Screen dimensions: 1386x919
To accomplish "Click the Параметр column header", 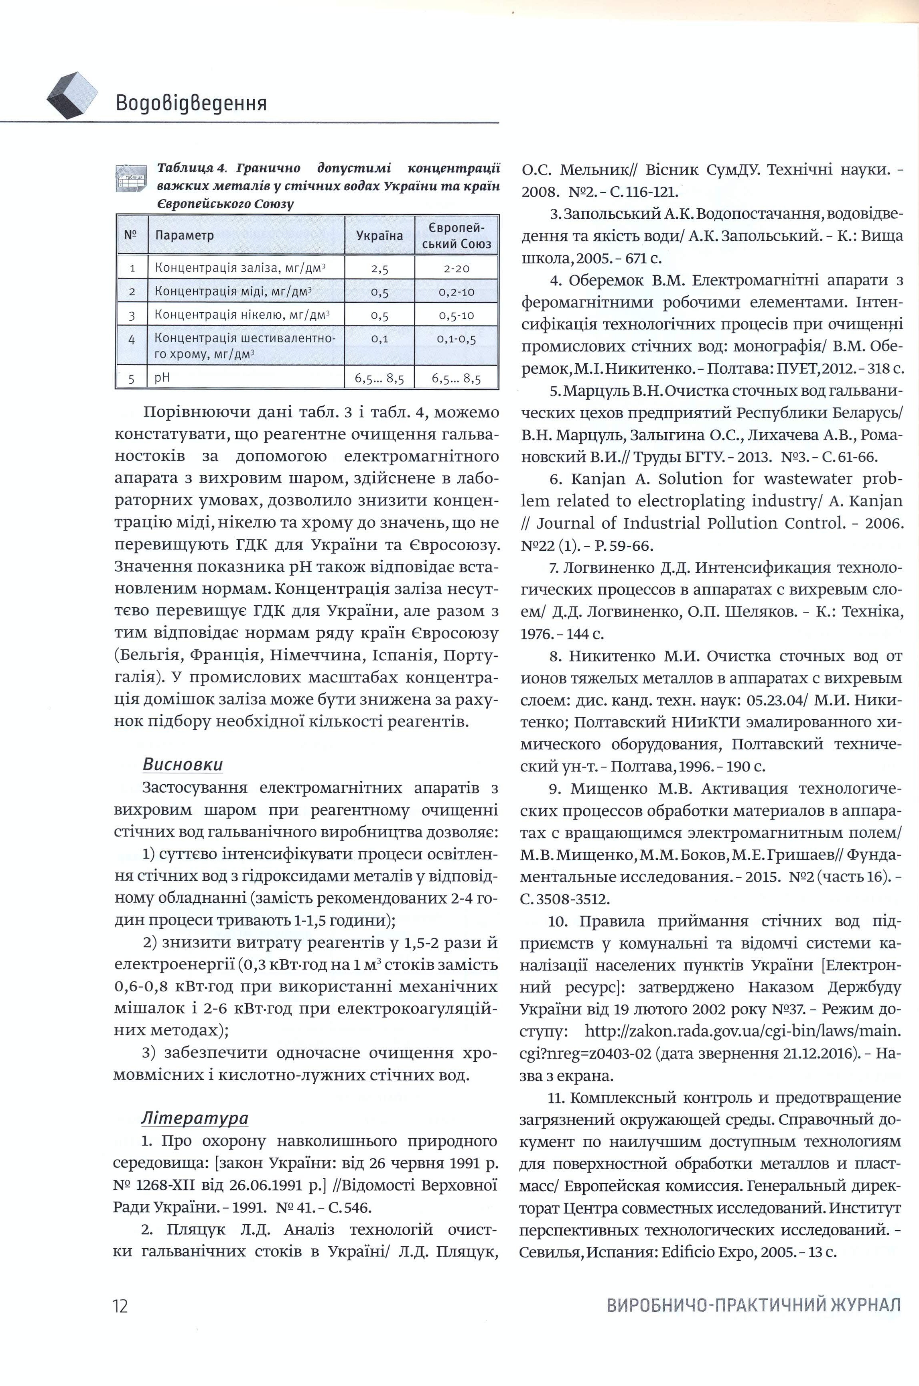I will (x=184, y=236).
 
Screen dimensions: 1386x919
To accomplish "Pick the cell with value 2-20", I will (x=456, y=269).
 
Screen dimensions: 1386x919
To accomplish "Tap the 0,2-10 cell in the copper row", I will (x=456, y=292).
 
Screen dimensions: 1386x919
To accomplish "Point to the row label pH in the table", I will (x=162, y=378).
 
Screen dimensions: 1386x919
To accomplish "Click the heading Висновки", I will (x=182, y=765).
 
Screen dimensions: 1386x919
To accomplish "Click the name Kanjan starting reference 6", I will (x=596, y=479).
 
